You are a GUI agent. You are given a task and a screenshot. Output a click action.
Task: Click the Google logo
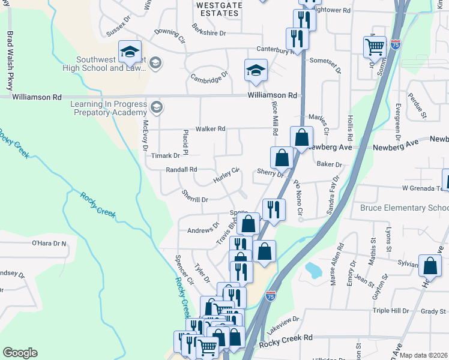(20, 353)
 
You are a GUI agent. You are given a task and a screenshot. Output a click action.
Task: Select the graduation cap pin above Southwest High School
(129, 52)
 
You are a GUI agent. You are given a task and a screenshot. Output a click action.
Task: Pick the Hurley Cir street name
(227, 175)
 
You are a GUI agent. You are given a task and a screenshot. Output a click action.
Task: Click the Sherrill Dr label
(194, 196)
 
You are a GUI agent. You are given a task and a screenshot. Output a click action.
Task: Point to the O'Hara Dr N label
(49, 244)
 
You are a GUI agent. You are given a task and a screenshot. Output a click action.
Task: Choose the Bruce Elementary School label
(404, 208)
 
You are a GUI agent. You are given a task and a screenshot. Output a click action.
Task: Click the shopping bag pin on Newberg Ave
(301, 137)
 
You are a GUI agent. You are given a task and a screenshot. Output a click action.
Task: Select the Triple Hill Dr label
(390, 311)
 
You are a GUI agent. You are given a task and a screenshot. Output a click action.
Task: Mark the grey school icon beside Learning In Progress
(157, 107)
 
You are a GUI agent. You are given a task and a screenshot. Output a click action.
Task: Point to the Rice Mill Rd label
(275, 118)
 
